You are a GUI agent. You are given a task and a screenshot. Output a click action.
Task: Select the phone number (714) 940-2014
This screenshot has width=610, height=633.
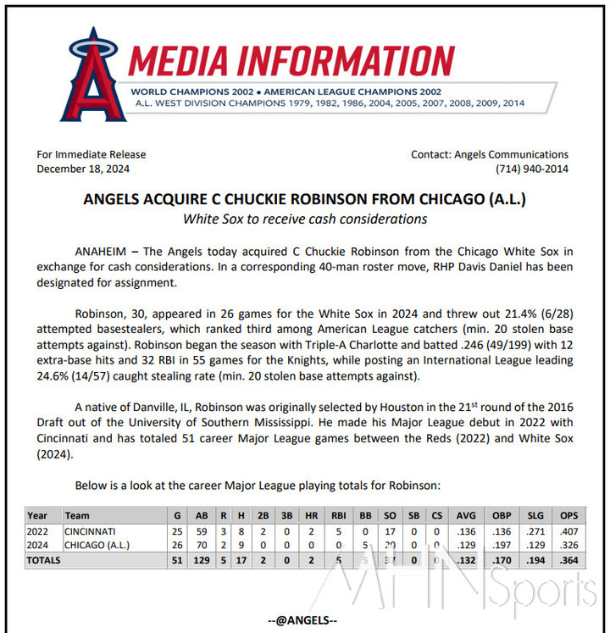531,169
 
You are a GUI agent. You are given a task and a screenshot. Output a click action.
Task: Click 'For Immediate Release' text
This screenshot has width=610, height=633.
91,154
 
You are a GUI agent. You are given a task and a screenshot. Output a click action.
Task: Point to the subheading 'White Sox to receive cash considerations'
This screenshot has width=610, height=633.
305,219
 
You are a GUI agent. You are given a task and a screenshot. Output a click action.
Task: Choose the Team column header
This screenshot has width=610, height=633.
77,515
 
